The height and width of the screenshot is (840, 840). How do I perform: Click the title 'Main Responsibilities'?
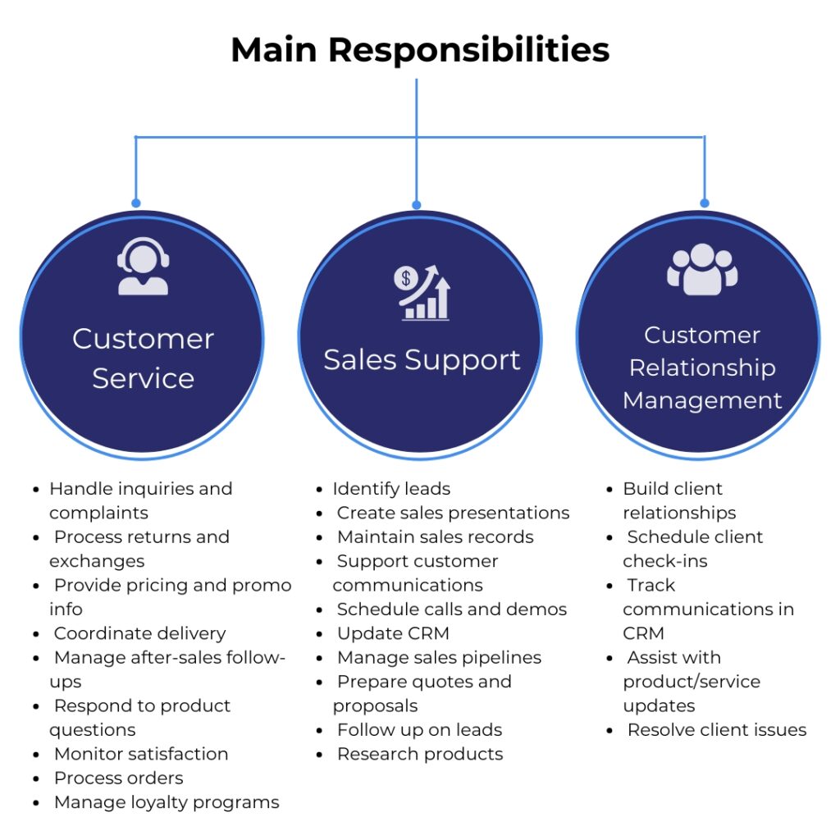tap(420, 50)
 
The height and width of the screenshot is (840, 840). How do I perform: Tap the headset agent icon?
tap(143, 266)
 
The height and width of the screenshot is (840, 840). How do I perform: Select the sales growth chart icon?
tap(422, 292)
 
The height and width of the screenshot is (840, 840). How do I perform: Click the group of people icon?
tap(702, 269)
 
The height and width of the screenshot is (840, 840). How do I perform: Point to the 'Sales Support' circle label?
tap(422, 359)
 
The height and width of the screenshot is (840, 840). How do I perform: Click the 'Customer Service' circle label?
tap(143, 358)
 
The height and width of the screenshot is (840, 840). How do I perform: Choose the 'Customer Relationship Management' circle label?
tap(702, 367)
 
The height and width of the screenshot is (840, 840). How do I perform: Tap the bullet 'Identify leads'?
tap(391, 489)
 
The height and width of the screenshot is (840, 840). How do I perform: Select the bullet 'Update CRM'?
tap(393, 633)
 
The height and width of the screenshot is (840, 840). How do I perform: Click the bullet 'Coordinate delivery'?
tap(139, 633)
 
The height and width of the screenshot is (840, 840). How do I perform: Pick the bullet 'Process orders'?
tap(118, 778)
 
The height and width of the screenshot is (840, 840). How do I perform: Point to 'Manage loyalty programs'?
tap(167, 802)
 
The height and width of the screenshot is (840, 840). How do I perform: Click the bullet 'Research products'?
tap(420, 754)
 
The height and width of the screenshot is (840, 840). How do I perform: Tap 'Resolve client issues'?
tap(717, 729)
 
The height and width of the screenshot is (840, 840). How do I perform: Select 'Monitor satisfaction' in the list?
tap(140, 754)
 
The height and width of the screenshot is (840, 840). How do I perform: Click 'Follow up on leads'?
tap(419, 729)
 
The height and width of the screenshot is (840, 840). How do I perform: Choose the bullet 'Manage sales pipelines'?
tap(439, 657)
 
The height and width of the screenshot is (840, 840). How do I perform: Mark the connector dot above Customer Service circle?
tap(135, 203)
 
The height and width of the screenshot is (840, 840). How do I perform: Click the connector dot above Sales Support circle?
tap(417, 204)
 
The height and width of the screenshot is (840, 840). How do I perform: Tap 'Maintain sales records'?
tap(435, 536)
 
